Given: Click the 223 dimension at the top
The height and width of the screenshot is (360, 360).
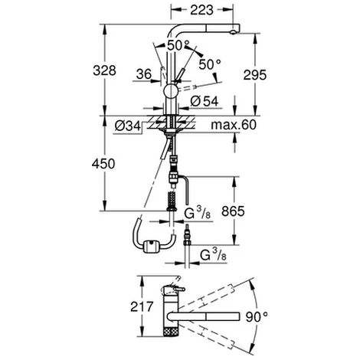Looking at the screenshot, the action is click(x=201, y=10).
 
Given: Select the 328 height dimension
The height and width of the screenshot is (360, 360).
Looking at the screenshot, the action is click(x=104, y=70).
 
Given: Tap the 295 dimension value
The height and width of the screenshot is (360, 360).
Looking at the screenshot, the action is click(x=255, y=75).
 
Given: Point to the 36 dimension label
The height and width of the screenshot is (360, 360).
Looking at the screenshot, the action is click(x=144, y=74).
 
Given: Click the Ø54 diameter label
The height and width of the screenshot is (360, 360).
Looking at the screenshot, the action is click(x=205, y=101).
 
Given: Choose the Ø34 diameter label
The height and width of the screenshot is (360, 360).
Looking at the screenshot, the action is click(x=128, y=126).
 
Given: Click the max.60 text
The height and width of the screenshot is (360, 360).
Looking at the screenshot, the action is click(x=234, y=125).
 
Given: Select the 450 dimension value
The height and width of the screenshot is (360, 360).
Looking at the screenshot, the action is click(x=103, y=164).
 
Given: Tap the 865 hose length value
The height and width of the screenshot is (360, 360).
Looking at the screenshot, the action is click(x=233, y=211).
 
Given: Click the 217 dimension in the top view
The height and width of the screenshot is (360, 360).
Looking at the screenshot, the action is click(x=142, y=306).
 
